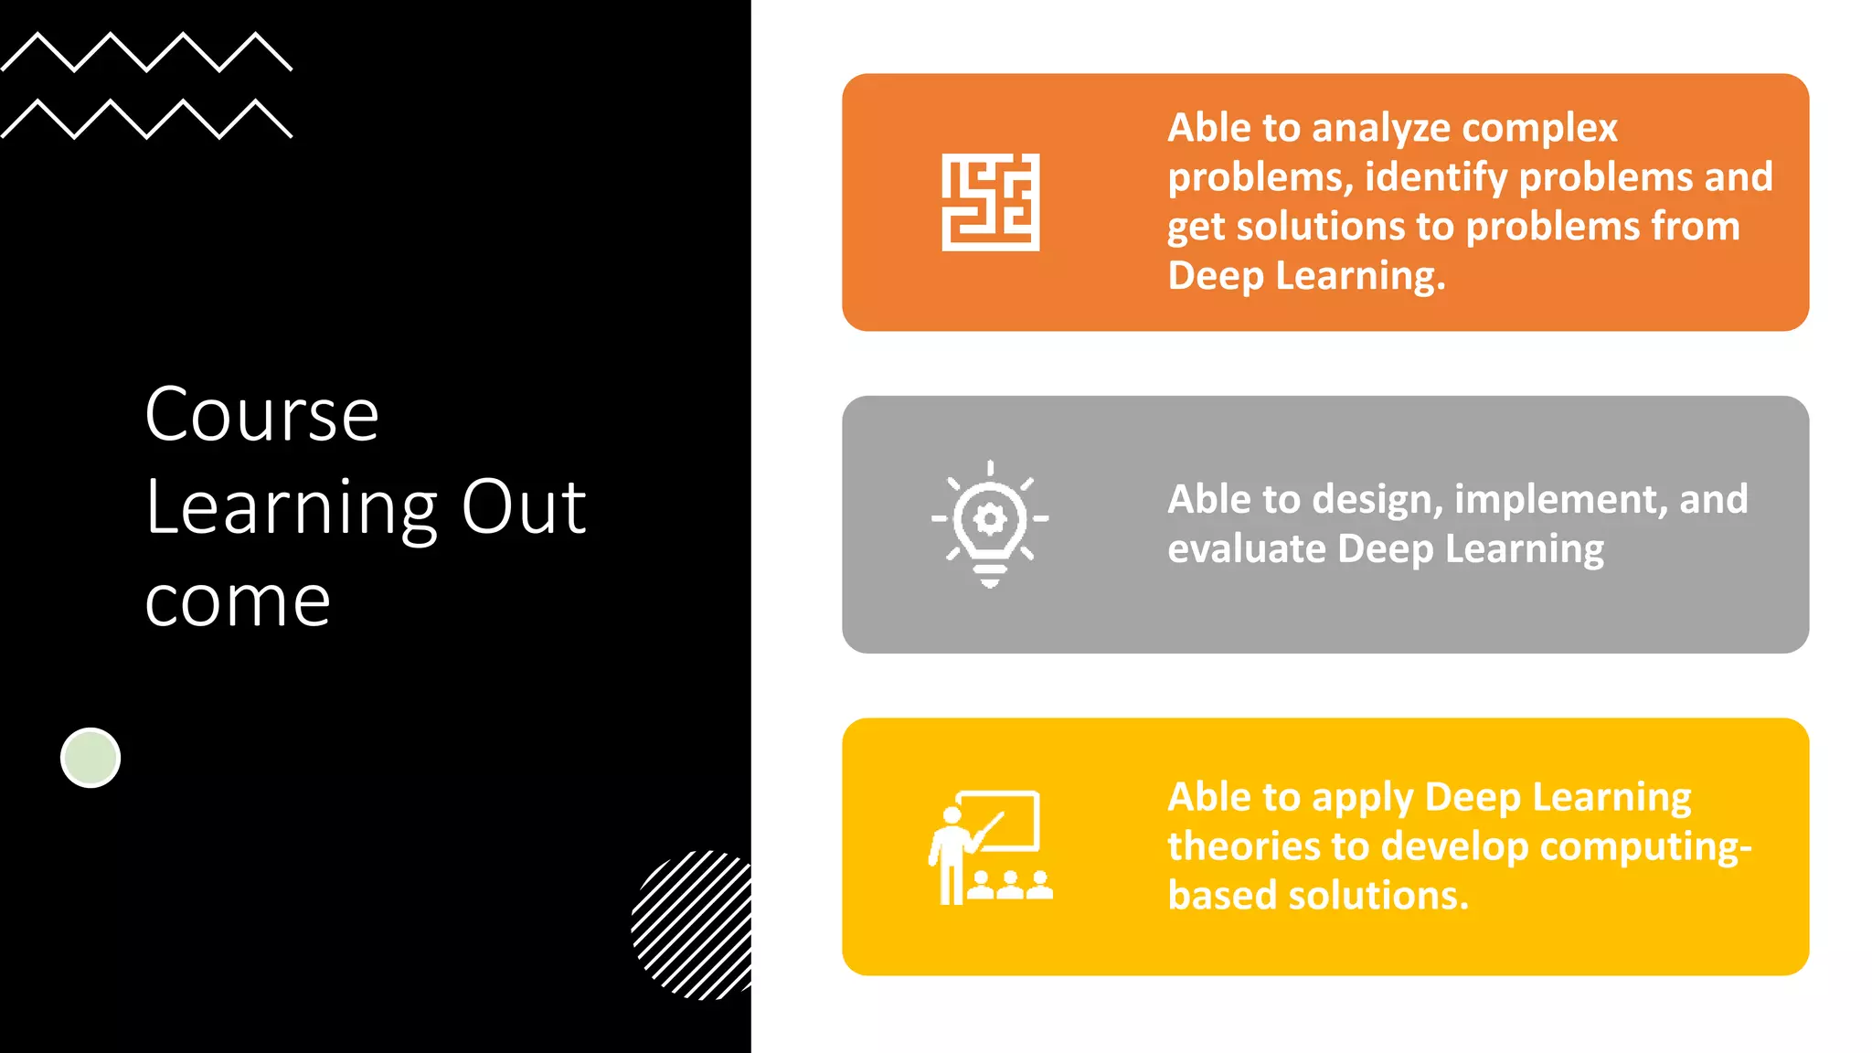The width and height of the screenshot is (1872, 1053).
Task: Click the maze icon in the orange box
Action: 990,202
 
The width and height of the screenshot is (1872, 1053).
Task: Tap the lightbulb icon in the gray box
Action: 990,524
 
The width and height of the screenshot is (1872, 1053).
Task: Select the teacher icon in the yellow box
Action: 990,847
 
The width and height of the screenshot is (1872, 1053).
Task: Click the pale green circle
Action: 90,758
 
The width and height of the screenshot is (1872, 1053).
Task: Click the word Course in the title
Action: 261,416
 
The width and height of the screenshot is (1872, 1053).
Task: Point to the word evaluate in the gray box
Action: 1247,549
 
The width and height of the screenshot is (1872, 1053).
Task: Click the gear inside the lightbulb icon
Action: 990,519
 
